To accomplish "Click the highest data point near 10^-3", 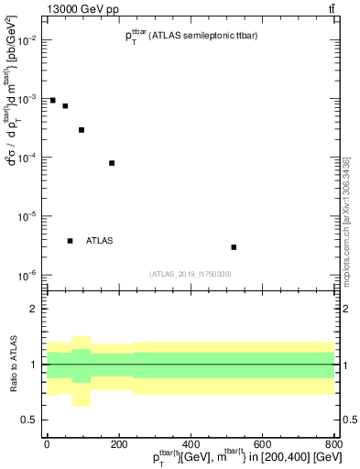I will [53, 100].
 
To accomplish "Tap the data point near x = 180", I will [112, 163].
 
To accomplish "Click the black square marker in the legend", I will [71, 241].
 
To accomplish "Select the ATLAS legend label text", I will [100, 241].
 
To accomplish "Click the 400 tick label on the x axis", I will [191, 445].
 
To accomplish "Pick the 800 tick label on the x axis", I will [334, 445].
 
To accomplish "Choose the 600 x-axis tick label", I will [263, 445].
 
